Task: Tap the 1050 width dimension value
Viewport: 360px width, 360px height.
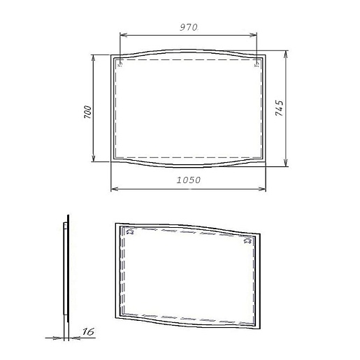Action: (x=189, y=180)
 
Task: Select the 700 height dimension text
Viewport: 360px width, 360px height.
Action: (x=87, y=112)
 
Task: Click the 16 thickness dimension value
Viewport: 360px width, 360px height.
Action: (x=88, y=333)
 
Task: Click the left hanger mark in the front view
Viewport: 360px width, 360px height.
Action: (x=121, y=65)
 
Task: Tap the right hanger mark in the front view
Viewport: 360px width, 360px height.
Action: (x=257, y=65)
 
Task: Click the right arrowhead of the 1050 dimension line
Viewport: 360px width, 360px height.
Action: (x=264, y=188)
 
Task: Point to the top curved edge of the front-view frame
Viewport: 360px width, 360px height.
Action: (x=189, y=50)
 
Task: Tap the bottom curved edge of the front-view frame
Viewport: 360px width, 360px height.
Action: (x=189, y=167)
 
